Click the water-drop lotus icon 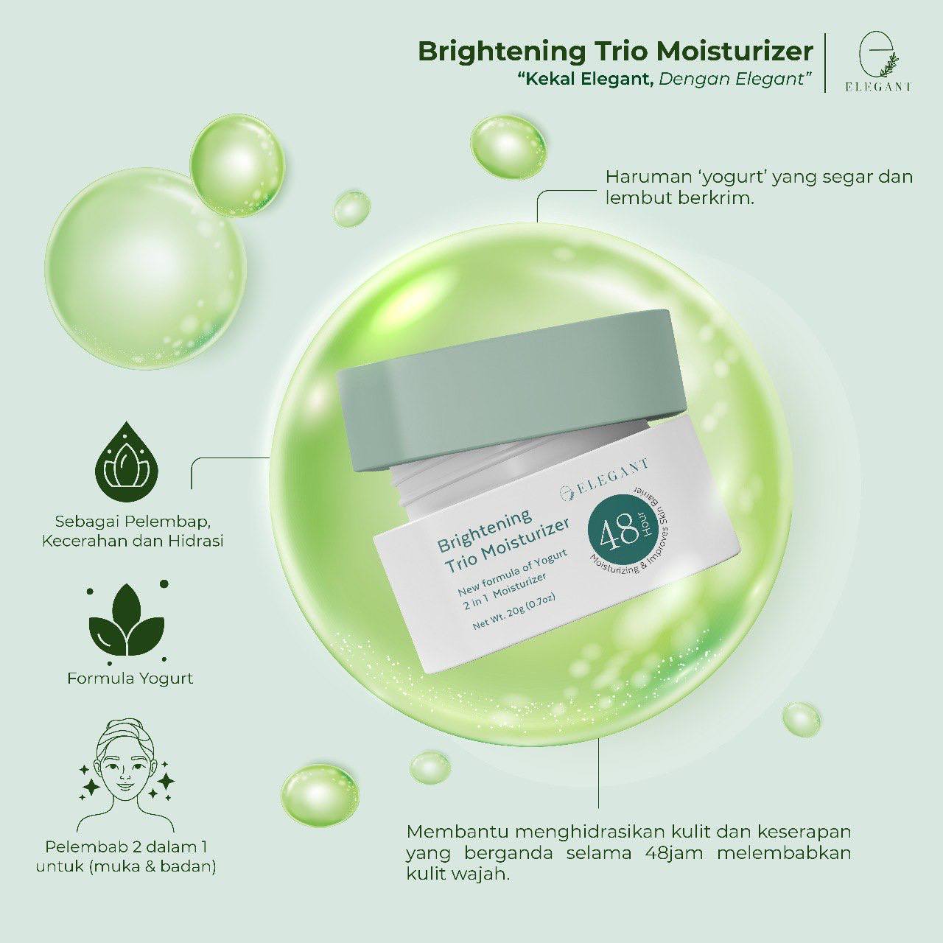click(128, 457)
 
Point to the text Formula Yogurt click(130, 679)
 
